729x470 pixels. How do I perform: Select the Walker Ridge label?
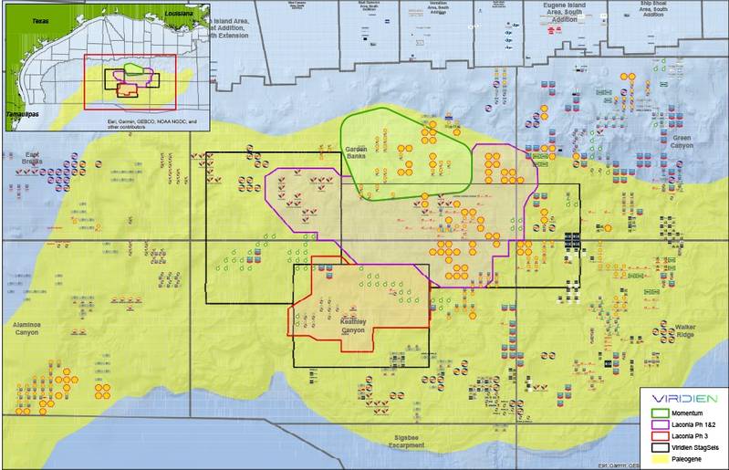tap(685, 330)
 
